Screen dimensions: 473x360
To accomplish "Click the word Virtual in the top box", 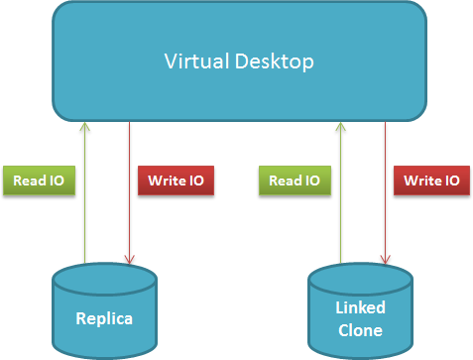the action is [197, 61].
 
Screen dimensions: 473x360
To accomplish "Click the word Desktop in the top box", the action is [274, 62].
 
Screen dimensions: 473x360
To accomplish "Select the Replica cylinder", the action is [104, 310].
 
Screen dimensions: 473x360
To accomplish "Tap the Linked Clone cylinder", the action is [360, 310].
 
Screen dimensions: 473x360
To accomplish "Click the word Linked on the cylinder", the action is [360, 307].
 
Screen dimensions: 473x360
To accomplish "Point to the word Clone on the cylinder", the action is [360, 330].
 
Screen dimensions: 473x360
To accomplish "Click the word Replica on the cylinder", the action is [104, 319].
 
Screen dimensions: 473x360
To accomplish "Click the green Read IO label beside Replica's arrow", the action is [39, 180].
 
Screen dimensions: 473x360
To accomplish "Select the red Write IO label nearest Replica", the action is [176, 180].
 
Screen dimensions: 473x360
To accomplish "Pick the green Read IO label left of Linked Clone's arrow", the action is [295, 180].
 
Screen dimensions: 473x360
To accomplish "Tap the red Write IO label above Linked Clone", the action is [431, 180].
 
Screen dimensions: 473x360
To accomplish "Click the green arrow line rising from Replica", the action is [85, 192].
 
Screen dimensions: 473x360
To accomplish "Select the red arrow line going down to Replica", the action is [129, 192].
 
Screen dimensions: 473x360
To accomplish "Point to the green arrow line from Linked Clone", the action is [341, 192].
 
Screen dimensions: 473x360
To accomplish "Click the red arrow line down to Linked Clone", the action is [385, 192].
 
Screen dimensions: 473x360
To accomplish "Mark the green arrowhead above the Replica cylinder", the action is [85, 126].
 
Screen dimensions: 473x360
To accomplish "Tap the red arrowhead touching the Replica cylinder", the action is [129, 260].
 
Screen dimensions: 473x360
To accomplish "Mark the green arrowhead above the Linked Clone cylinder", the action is [341, 126].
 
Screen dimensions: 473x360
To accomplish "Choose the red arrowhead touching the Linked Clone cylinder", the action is [385, 260].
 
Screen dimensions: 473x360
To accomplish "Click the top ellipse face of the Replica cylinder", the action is [104, 279].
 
